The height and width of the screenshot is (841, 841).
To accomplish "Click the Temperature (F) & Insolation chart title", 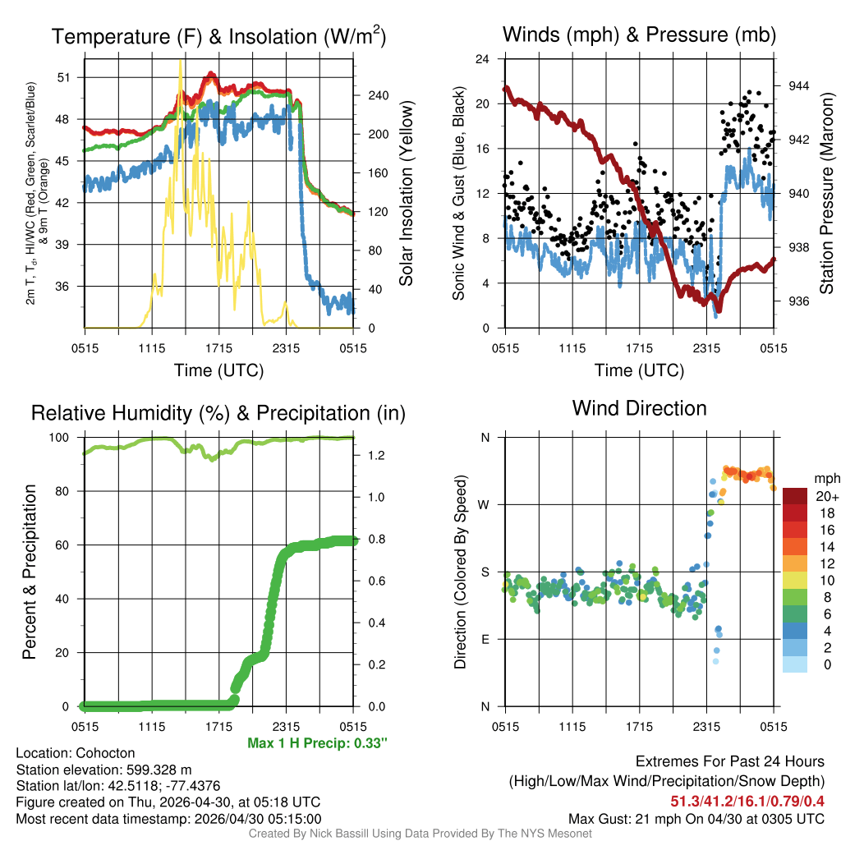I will [218, 36].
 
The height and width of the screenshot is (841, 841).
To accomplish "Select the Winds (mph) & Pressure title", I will [639, 34].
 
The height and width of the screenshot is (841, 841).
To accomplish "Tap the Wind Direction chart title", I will [639, 408].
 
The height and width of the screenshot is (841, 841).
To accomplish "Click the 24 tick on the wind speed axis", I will [484, 59].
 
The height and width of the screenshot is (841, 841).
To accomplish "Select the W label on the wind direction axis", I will [485, 504].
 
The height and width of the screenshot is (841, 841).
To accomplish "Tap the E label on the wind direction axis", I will [485, 639].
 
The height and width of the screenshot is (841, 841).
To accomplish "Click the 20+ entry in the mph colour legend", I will [826, 497].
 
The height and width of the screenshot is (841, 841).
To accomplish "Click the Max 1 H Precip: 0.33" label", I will [317, 743].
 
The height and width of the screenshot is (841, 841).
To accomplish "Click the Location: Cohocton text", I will [76, 753].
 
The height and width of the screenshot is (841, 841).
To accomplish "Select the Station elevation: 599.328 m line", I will [104, 770].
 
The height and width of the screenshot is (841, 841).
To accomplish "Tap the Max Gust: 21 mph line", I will [696, 819].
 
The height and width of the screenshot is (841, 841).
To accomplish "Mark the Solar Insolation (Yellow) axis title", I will [406, 194].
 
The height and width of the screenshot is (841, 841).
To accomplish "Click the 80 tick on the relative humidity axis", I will [67, 491].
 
